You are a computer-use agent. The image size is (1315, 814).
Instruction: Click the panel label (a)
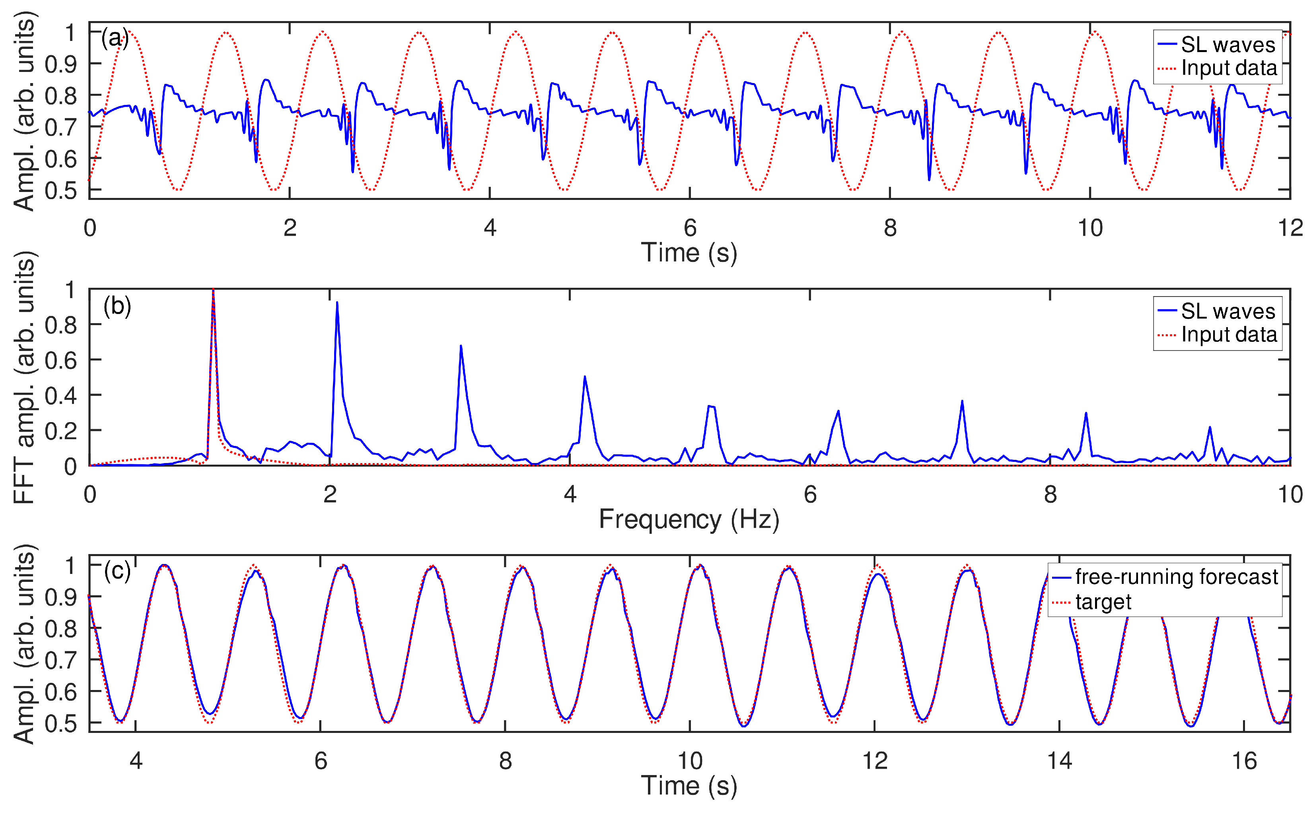pyautogui.click(x=115, y=39)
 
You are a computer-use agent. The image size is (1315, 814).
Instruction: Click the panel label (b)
pyautogui.click(x=117, y=306)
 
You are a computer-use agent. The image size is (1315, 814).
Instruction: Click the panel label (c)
pyautogui.click(x=117, y=571)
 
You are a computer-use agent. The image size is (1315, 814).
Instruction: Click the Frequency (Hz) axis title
pyautogui.click(x=689, y=519)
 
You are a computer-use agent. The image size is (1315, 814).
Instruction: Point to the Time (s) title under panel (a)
pyautogui.click(x=689, y=253)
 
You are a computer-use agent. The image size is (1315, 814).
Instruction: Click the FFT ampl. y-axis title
pyautogui.click(x=24, y=377)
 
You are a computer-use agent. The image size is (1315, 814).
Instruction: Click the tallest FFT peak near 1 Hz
pyautogui.click(x=213, y=291)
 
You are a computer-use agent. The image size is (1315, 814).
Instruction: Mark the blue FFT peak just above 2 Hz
pyautogui.click(x=337, y=303)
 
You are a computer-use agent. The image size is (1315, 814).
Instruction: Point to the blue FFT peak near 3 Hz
pyautogui.click(x=461, y=347)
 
